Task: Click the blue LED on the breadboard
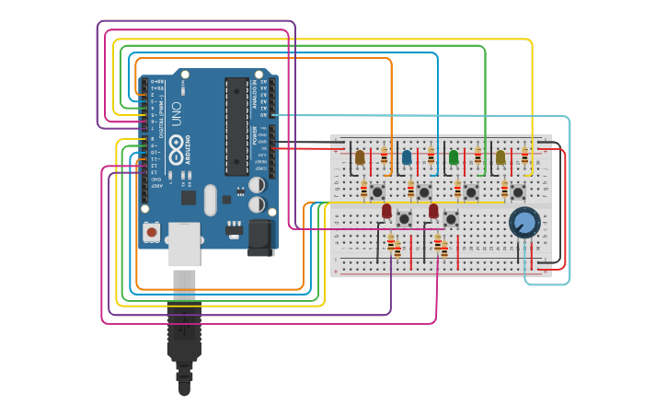(x=407, y=157)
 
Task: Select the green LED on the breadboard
(x=454, y=157)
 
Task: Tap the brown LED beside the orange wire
(x=360, y=157)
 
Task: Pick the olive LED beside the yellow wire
(x=500, y=157)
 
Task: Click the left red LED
(x=386, y=211)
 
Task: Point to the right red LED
(x=433, y=211)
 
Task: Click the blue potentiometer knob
(x=524, y=222)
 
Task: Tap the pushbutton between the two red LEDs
(x=404, y=218)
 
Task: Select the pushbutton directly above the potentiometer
(x=518, y=192)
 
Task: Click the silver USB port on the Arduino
(x=184, y=243)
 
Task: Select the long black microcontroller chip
(x=236, y=126)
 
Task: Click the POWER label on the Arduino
(x=256, y=135)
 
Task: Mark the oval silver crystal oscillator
(x=211, y=200)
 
